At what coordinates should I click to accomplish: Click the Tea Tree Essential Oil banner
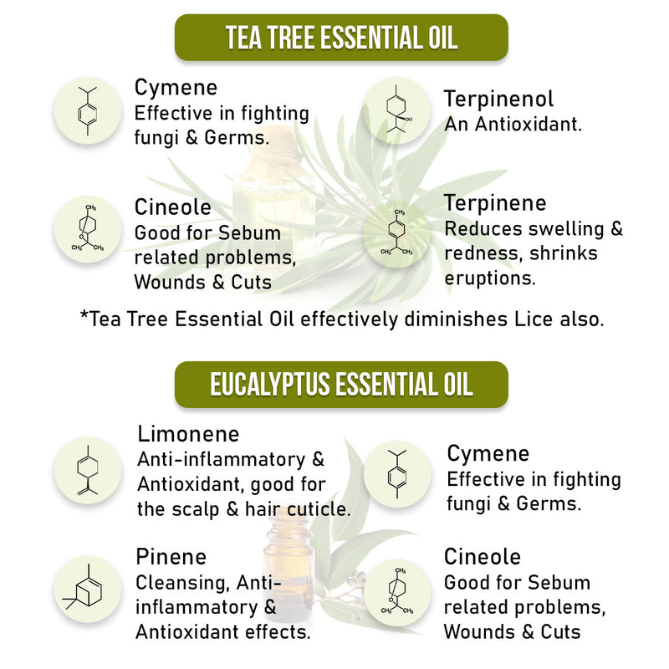(341, 38)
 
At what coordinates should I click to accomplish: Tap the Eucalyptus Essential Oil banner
(341, 385)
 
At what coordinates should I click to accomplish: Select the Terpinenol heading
(498, 99)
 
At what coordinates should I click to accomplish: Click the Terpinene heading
(495, 202)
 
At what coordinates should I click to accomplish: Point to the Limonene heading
(188, 434)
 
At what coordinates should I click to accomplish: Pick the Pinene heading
(171, 557)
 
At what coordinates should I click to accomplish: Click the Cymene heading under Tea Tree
(176, 88)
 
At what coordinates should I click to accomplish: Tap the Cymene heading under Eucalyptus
(488, 453)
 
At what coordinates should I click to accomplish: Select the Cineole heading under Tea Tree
(173, 207)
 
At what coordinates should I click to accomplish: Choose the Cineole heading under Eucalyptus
(483, 557)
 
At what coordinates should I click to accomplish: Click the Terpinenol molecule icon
(396, 110)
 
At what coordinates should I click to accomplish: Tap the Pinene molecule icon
(88, 590)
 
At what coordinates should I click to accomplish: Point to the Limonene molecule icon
(88, 470)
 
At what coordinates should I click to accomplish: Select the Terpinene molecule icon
(396, 234)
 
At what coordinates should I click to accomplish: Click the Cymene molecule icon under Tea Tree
(88, 110)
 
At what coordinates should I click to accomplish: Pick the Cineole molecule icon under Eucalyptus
(397, 593)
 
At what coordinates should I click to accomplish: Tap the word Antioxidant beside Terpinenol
(529, 124)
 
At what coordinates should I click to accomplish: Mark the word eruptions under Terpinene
(490, 278)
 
